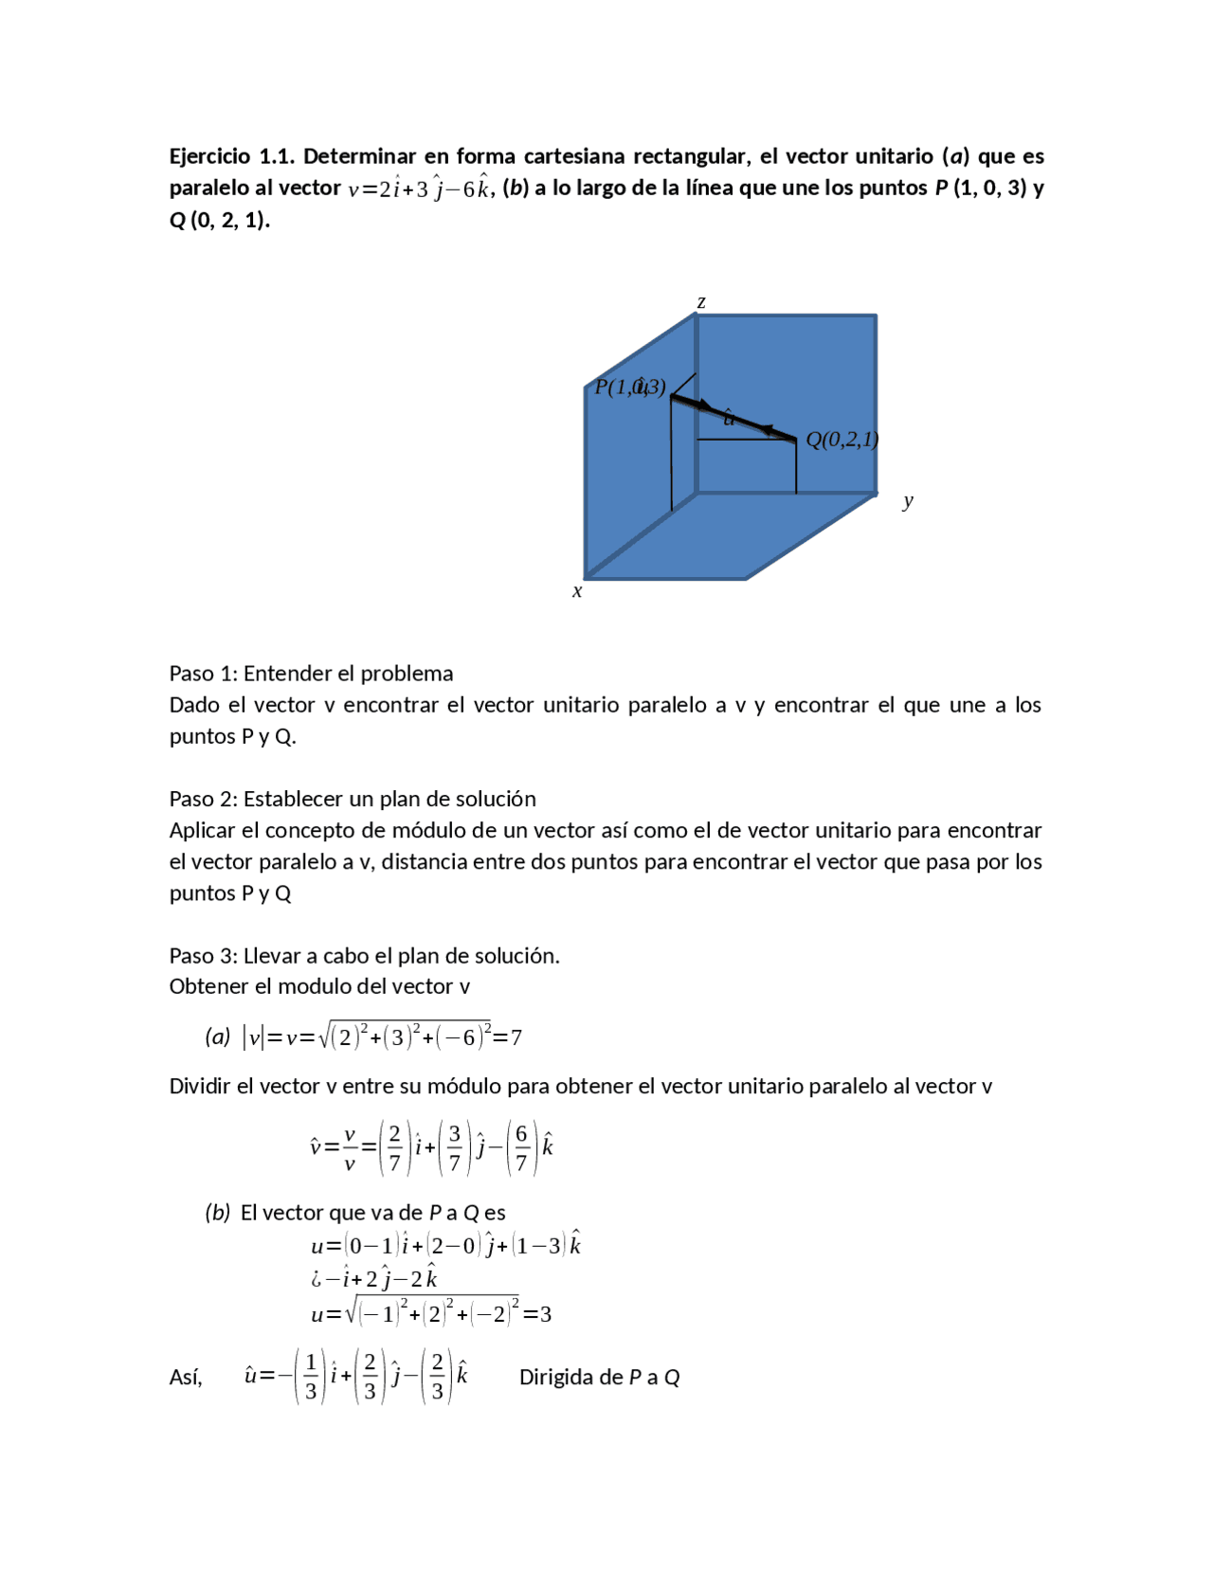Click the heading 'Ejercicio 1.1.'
[231, 156]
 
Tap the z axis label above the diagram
[701, 302]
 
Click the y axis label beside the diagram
[908, 500]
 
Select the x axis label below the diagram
[577, 591]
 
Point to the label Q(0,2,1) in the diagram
[842, 440]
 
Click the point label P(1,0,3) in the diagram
[630, 387]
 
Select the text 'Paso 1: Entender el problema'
[311, 674]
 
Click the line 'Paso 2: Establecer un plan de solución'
[353, 799]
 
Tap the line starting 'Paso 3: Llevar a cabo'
[364, 955]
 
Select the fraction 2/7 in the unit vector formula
[394, 1148]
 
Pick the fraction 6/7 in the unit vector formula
[520, 1148]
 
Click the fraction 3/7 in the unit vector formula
[455, 1148]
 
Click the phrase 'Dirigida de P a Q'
[599, 1378]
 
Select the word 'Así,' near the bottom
[186, 1378]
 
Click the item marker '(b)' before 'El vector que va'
[218, 1213]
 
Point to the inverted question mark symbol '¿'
[317, 1280]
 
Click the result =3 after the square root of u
[538, 1314]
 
